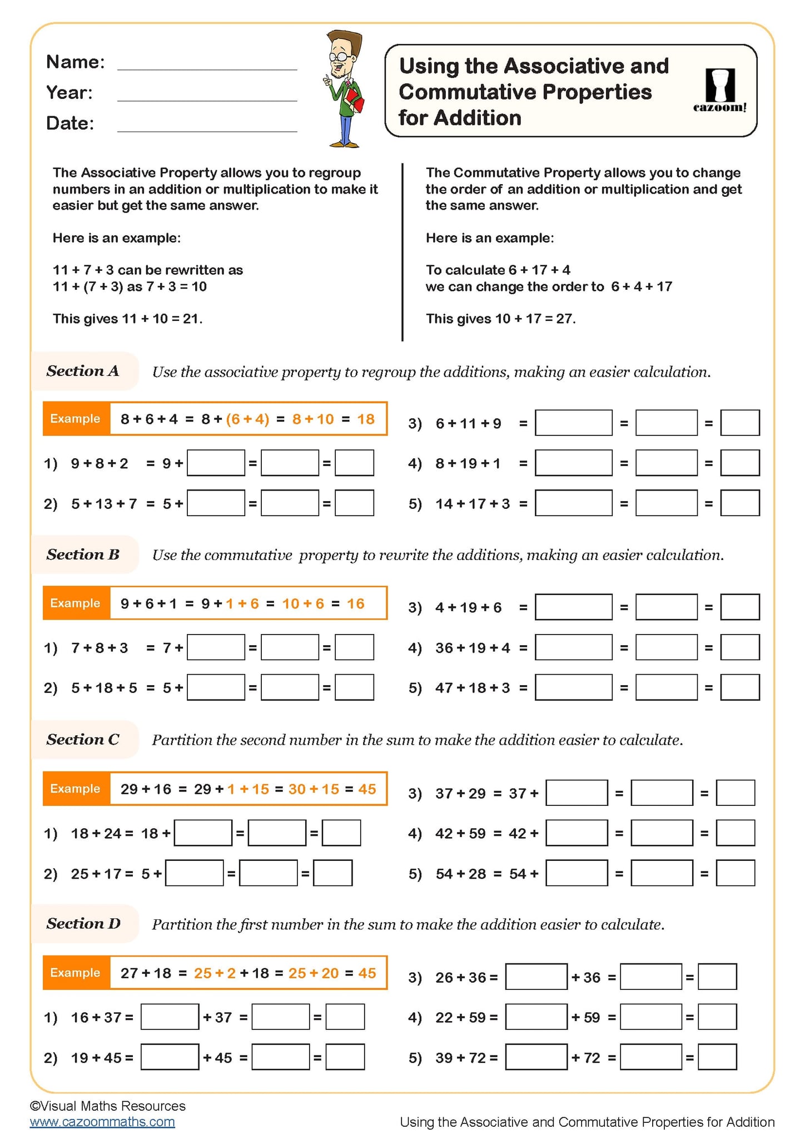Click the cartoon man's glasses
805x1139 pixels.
(x=341, y=57)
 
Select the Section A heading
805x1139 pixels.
(x=83, y=371)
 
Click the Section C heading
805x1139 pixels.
(x=83, y=739)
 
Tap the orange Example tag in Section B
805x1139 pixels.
(x=76, y=603)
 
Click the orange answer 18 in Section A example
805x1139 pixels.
(x=366, y=419)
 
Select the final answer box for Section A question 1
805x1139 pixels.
(x=354, y=463)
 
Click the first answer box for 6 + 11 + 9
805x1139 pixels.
(x=573, y=423)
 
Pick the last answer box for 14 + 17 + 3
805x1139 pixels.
(x=739, y=503)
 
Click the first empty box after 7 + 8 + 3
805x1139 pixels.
(x=216, y=647)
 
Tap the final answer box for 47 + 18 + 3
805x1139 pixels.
(x=739, y=687)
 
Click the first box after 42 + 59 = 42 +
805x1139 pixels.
(x=577, y=833)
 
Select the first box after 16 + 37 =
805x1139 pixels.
(x=170, y=1017)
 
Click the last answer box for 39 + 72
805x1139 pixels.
(x=717, y=1057)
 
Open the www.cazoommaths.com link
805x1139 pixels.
(x=102, y=1122)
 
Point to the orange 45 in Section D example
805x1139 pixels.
(x=367, y=973)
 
